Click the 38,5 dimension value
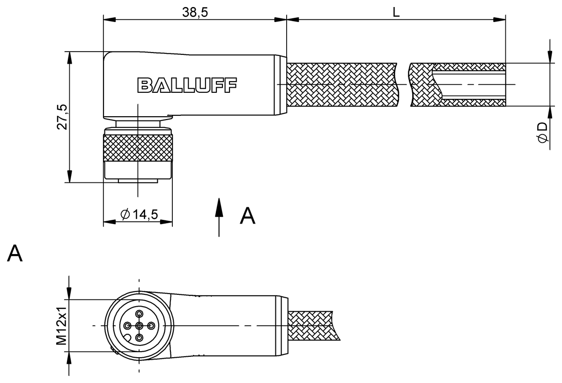195,13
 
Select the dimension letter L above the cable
396,13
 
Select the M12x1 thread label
61,325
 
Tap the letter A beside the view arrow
247,216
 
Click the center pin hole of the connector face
139,325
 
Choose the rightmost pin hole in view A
151,325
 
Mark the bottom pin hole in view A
139,337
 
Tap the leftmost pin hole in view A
127,325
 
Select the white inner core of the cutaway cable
468,85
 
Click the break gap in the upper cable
403,85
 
